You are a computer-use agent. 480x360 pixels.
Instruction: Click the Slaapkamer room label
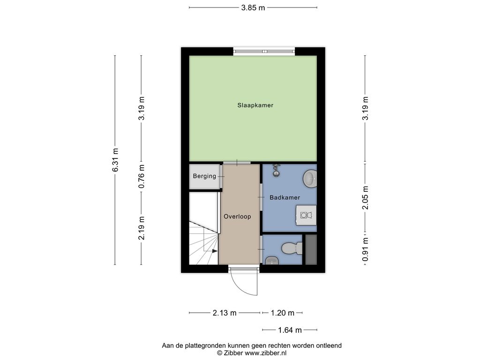point(255,105)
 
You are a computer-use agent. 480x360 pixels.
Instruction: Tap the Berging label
point(204,176)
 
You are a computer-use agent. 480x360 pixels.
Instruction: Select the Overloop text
point(237,217)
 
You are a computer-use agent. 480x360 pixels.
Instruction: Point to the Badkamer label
point(285,197)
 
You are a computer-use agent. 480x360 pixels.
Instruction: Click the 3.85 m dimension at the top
point(253,8)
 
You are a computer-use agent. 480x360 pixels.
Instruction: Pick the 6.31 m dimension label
point(115,160)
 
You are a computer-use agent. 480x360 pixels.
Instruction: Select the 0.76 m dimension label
point(141,176)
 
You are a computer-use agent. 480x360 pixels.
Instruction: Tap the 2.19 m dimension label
point(141,228)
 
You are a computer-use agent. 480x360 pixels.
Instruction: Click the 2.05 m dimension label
point(365,197)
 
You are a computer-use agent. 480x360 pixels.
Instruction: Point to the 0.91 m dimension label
point(365,249)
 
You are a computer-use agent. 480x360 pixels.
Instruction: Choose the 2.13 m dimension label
point(225,313)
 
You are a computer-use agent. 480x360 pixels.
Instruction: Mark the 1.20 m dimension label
point(283,313)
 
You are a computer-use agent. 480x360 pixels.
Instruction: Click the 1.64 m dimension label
point(290,330)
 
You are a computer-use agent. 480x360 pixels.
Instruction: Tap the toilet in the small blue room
point(292,248)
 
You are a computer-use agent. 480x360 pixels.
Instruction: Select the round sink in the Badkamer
point(310,178)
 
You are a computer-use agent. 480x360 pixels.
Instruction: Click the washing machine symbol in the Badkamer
point(306,215)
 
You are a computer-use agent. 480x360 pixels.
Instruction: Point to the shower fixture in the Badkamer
point(277,170)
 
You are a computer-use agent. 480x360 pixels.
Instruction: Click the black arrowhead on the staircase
point(215,251)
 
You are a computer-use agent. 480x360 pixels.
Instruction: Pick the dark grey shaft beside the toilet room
point(311,249)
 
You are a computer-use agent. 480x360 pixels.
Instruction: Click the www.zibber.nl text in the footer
point(266,353)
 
